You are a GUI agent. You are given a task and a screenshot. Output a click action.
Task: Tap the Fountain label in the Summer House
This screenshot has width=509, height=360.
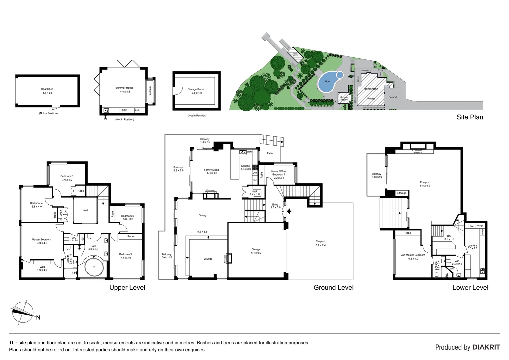150,91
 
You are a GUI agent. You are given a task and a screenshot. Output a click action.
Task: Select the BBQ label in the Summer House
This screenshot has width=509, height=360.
124,110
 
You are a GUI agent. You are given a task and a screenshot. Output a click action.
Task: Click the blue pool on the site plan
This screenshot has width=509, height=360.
328,82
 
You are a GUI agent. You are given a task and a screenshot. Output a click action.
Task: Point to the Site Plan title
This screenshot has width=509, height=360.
469,117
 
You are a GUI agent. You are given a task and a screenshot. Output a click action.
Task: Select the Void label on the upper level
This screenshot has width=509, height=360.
85,210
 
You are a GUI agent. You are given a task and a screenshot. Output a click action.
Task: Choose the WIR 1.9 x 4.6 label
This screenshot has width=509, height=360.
42,268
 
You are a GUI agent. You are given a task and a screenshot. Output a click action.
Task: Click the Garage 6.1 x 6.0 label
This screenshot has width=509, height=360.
256,251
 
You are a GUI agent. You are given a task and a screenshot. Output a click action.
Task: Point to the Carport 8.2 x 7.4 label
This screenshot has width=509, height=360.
320,243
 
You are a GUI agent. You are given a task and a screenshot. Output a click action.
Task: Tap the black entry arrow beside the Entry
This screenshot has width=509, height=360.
289,211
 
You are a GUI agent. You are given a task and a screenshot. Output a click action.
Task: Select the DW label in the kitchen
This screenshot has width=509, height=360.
249,152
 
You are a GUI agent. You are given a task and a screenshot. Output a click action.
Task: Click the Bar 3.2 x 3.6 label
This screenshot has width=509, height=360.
449,237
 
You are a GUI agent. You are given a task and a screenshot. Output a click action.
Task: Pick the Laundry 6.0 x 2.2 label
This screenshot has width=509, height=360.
472,247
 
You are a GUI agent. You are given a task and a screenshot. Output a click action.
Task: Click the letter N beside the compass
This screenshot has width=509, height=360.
38,318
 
